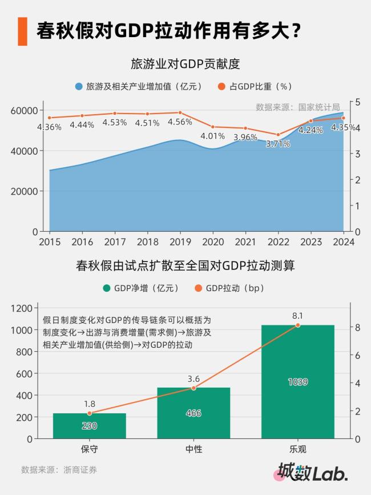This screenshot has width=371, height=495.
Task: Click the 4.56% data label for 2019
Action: pos(180,122)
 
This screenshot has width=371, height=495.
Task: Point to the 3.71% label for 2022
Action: pos(278,144)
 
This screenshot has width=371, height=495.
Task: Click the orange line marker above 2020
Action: pos(213,127)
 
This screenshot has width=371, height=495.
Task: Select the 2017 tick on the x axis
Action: pos(115,242)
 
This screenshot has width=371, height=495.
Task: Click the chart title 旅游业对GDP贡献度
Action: pos(185,63)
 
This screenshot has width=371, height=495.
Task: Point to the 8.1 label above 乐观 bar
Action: pos(297,315)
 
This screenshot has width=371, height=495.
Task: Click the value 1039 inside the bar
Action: pos(297,381)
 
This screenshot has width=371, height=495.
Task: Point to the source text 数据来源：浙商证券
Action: pos(59,470)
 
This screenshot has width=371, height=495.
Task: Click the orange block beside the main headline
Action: pos(22,31)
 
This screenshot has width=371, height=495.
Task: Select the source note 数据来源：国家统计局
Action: pos(297,107)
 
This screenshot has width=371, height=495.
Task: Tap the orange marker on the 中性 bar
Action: pos(193,388)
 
